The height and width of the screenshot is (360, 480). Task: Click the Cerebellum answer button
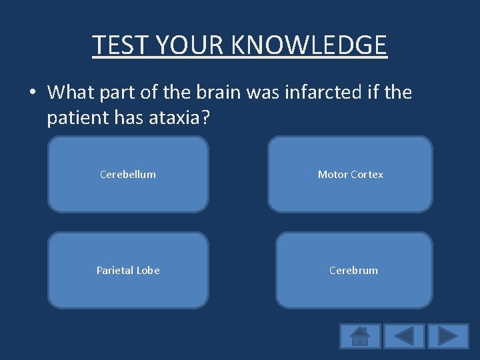128,175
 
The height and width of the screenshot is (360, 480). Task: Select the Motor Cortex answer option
350,175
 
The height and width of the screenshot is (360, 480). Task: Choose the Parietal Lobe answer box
128,270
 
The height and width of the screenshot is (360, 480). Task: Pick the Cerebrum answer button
354,270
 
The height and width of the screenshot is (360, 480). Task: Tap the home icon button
360,335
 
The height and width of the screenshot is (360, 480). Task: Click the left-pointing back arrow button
404,335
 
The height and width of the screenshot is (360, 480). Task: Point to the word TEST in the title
115,45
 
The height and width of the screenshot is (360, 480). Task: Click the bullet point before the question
33,93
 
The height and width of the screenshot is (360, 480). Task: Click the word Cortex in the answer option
368,175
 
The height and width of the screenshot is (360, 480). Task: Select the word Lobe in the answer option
147,270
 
